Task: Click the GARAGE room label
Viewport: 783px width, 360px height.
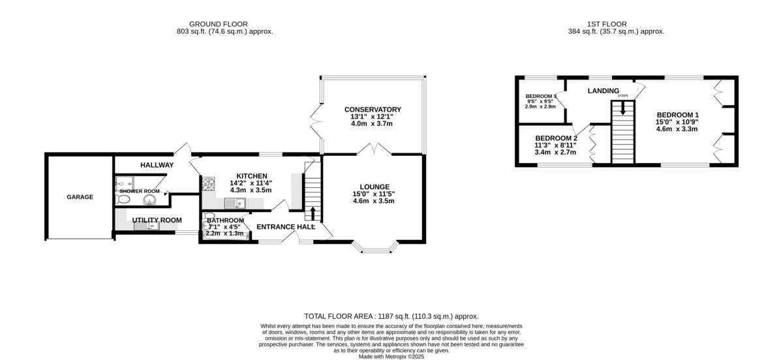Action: (79, 197)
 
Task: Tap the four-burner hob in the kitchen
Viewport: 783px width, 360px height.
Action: (209, 183)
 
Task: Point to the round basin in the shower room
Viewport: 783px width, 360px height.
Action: (150, 200)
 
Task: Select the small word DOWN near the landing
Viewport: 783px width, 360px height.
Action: (622, 96)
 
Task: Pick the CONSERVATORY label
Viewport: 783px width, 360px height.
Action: (373, 109)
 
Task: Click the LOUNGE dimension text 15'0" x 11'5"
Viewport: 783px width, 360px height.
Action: (373, 194)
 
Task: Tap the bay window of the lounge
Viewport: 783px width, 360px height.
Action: (379, 248)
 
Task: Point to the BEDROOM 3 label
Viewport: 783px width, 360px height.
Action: (541, 96)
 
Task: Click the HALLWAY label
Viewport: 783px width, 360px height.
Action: (157, 165)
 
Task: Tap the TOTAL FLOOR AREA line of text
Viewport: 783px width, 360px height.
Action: (391, 315)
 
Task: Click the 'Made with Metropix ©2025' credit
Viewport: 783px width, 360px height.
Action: (391, 356)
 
